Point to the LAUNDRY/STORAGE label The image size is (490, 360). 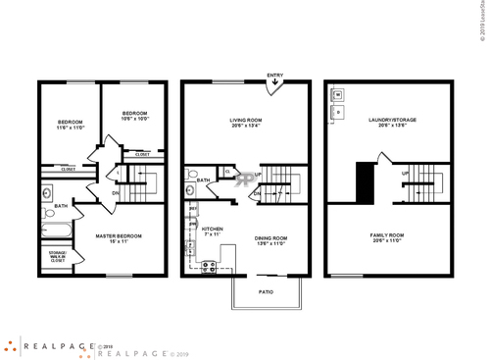pos(392,120)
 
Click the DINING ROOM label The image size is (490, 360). pos(270,237)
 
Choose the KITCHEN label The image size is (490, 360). pos(213,229)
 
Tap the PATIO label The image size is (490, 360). pos(266,291)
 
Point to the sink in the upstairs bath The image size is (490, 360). pos(48,211)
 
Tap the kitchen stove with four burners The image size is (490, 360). pos(209,266)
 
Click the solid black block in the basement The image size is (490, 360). pos(366,180)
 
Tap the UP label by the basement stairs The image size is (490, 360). pos(405,175)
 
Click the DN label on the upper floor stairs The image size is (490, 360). pos(115,192)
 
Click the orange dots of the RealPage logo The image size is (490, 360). pos(9,346)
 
